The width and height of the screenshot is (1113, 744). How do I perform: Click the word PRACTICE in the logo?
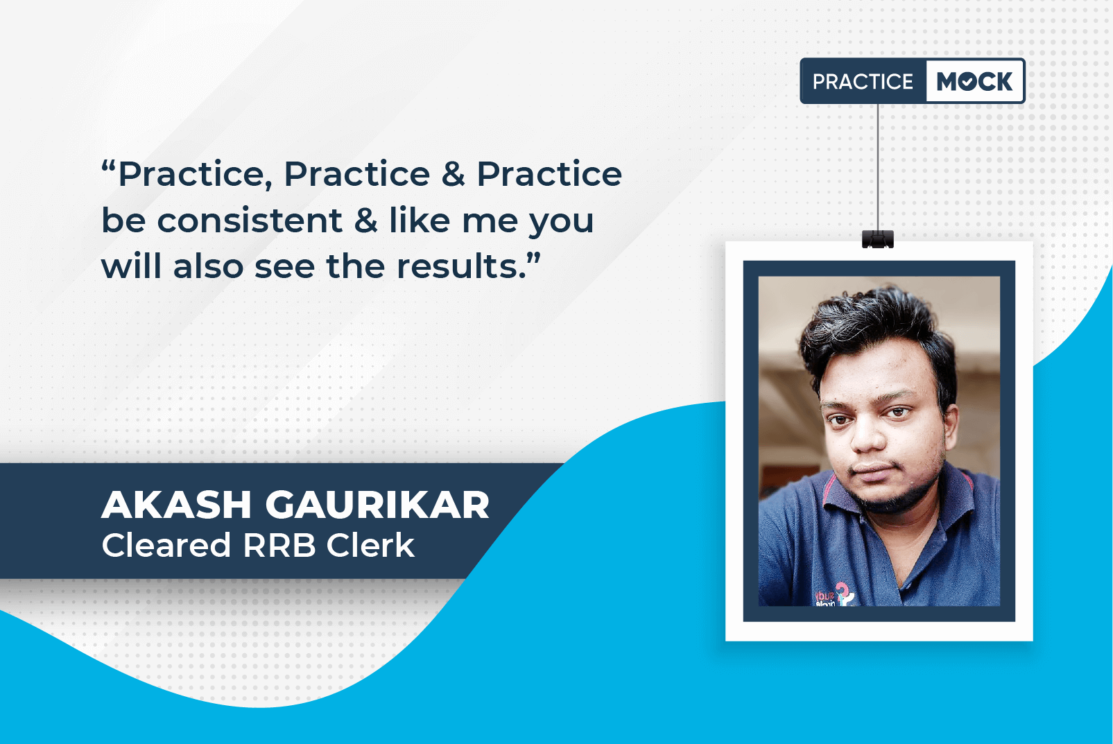pyautogui.click(x=863, y=81)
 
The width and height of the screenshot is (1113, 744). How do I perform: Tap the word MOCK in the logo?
pyautogui.click(x=974, y=81)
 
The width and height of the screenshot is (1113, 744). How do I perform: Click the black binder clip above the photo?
pyautogui.click(x=877, y=239)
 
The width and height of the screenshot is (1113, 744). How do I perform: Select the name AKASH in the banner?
pyautogui.click(x=176, y=505)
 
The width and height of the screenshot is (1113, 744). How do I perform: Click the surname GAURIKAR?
pyautogui.click(x=378, y=505)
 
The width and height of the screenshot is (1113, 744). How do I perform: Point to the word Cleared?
pyautogui.click(x=166, y=545)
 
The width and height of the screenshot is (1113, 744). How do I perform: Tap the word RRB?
pyautogui.click(x=279, y=545)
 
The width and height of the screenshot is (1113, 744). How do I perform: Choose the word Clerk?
pyautogui.click(x=370, y=545)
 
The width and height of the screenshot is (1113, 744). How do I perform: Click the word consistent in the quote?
pyautogui.click(x=250, y=220)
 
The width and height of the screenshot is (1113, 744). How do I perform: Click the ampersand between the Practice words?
pyautogui.click(x=453, y=174)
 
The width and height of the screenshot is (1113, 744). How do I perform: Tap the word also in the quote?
pyautogui.click(x=208, y=266)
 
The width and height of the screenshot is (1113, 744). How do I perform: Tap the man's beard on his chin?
pyautogui.click(x=895, y=499)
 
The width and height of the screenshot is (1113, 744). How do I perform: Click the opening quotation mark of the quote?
pyautogui.click(x=109, y=166)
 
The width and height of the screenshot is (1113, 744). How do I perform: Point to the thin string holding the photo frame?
pyautogui.click(x=877, y=167)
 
